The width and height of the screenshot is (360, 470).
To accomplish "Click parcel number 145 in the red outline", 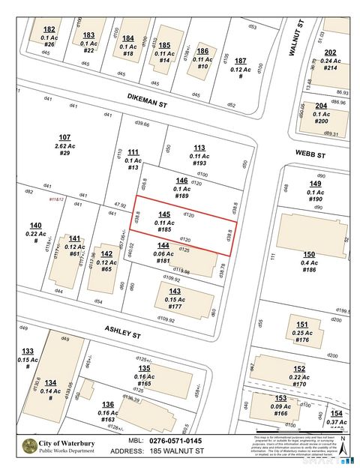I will [x=164, y=214].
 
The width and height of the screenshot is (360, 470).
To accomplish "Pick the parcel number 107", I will [x=64, y=137].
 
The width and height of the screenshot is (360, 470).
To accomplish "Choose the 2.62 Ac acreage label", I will [x=64, y=145].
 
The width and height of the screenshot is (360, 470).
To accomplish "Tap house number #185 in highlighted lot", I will [x=164, y=229].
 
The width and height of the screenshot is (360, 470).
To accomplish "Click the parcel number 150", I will [x=309, y=255].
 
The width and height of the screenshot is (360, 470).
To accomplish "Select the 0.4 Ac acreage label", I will [x=309, y=262].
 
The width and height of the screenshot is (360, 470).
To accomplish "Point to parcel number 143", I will [x=175, y=291].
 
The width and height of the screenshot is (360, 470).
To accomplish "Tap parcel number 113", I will [x=199, y=148].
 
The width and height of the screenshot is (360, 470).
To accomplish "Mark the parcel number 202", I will [x=330, y=52].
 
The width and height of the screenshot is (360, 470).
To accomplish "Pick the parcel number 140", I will [x=35, y=226].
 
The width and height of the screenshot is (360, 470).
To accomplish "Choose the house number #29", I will [x=64, y=153].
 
